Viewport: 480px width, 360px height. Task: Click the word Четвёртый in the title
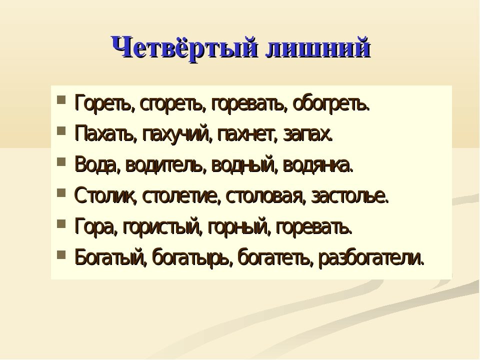tap(184, 48)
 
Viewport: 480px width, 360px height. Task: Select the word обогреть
tap(331, 104)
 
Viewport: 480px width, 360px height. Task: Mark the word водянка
tap(318, 165)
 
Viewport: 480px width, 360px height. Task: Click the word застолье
tap(350, 196)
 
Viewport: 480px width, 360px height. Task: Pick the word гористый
tap(162, 227)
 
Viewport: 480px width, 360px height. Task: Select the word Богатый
tap(110, 257)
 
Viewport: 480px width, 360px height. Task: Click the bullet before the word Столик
tap(61, 193)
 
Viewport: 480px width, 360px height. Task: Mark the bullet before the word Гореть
tap(61, 100)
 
